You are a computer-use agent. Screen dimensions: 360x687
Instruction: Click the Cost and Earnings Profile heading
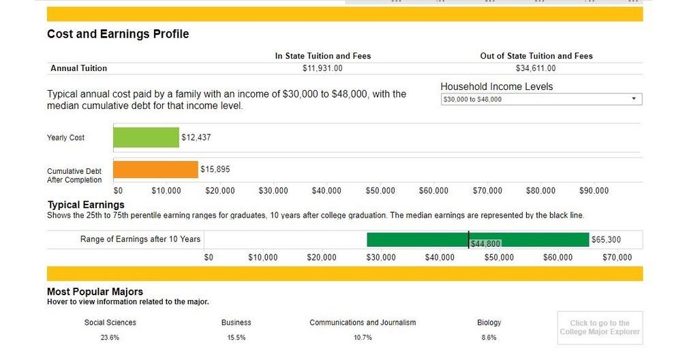tap(118, 34)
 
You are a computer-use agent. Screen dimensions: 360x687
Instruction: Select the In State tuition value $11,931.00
tap(322, 68)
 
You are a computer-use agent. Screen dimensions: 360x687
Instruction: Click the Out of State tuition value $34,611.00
tap(536, 68)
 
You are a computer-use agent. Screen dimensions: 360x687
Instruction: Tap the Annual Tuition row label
tap(78, 68)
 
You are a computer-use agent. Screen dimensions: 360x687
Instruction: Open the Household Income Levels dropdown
tap(541, 100)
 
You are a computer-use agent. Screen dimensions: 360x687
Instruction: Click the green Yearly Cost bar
tap(146, 138)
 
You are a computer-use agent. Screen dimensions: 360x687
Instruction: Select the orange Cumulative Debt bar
tap(155, 170)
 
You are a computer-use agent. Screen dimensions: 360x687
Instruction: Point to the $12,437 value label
tap(196, 138)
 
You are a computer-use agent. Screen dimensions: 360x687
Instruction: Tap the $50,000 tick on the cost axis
tap(380, 191)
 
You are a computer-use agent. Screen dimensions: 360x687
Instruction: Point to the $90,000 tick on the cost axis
tap(594, 191)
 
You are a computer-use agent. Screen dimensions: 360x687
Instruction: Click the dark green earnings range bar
tap(416, 239)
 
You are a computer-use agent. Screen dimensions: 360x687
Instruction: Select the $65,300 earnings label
tap(606, 240)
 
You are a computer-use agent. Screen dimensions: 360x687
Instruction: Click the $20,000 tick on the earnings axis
tap(322, 258)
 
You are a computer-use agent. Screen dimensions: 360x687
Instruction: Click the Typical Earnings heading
tap(86, 205)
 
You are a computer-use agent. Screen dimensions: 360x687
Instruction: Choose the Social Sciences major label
tap(110, 322)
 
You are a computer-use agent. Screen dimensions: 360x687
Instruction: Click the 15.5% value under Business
tap(236, 337)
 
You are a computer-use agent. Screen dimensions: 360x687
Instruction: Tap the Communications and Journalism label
tap(363, 322)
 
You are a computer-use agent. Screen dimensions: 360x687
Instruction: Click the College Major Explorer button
tap(600, 328)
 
